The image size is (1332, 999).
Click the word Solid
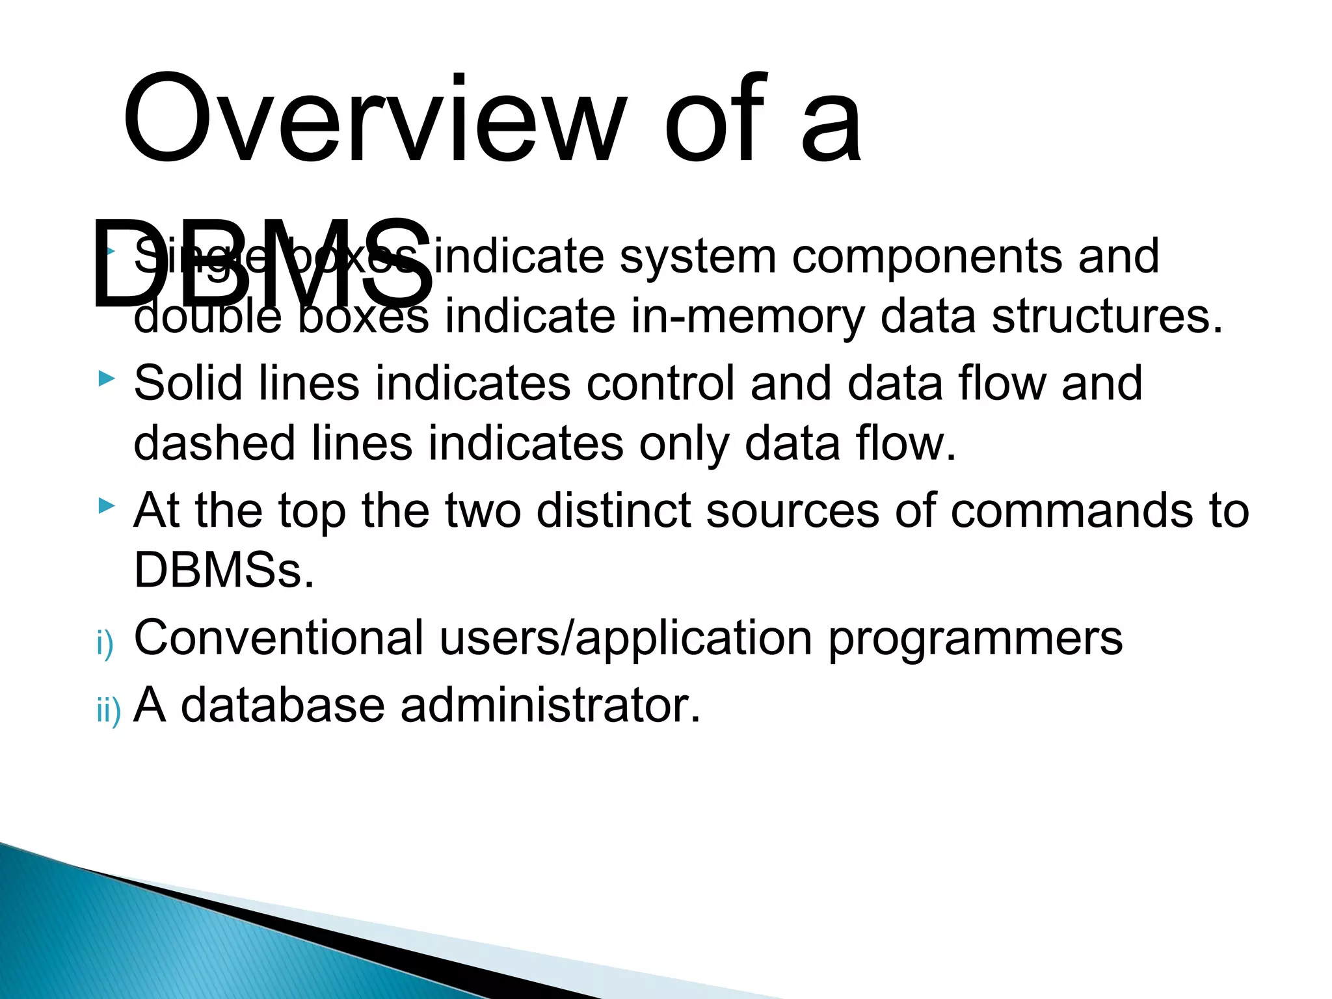[188, 383]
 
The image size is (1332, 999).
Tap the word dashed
[215, 444]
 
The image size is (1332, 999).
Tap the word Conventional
[278, 638]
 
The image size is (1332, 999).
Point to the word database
[282, 705]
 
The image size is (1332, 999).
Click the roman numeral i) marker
[105, 644]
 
